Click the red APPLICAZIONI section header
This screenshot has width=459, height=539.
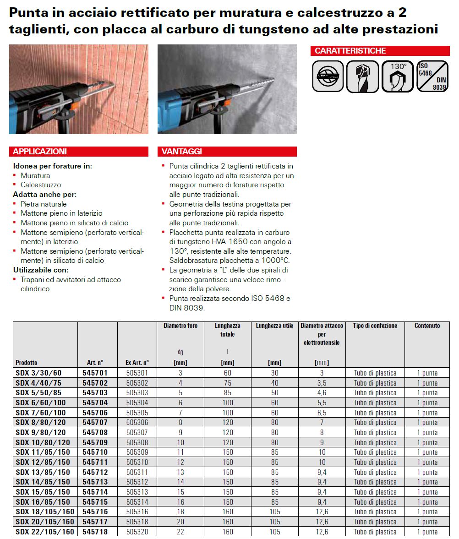pos(78,152)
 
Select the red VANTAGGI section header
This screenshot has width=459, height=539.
pos(227,152)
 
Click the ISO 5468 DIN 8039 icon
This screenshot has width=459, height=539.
pos(433,76)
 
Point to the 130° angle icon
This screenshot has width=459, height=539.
pos(398,76)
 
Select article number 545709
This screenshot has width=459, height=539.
pos(95,442)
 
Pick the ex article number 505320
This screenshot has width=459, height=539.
pos(137,532)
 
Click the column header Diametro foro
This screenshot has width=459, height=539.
pos(180,326)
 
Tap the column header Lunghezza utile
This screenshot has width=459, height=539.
pos(274,326)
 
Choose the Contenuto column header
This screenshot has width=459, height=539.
pos(427,326)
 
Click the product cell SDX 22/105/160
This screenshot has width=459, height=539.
pos(45,532)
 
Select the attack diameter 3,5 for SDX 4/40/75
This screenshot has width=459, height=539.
pos(322,383)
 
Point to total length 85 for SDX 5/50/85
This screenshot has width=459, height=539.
pos(227,393)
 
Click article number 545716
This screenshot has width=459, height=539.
pos(95,512)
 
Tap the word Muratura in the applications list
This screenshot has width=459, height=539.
pos(35,175)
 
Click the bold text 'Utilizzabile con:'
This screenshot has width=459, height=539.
pos(41,270)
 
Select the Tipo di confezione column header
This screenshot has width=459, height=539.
pos(375,326)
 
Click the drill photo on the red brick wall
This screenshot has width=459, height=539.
pos(79,89)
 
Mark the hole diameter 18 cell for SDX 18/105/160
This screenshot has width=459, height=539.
pos(180,512)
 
